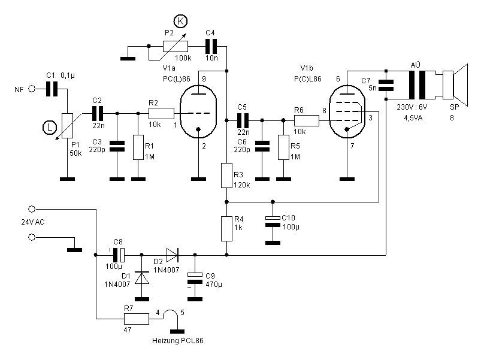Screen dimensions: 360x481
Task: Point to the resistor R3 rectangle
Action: tap(226, 175)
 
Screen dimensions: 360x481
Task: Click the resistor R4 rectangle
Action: tap(226, 228)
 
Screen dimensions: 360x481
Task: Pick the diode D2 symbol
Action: tap(173, 255)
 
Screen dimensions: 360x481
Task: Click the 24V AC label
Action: tap(33, 223)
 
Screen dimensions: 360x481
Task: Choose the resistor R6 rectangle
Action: tap(307, 120)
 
